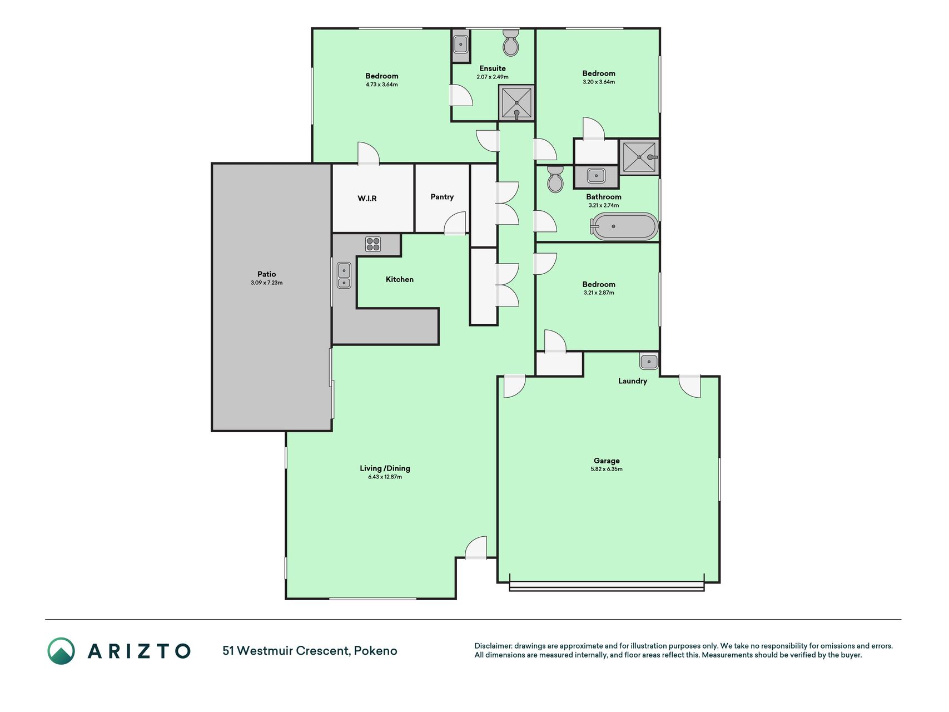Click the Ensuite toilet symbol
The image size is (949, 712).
[511, 43]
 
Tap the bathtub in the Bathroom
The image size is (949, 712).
[624, 226]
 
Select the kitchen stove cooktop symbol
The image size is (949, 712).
[373, 244]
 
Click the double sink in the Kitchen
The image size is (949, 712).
[344, 275]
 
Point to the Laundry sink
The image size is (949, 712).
[649, 362]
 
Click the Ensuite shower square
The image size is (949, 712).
[516, 103]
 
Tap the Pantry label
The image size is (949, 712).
[442, 197]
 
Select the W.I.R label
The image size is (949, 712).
[367, 199]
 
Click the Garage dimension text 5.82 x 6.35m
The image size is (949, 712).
[607, 469]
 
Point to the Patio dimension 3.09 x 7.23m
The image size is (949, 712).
[266, 283]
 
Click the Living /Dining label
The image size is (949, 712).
[385, 468]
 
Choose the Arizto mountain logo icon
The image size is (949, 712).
[61, 651]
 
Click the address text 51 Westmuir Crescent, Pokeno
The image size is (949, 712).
[310, 651]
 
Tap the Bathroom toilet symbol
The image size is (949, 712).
[555, 179]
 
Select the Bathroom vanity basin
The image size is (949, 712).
[596, 176]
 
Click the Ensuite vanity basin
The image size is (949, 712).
[461, 44]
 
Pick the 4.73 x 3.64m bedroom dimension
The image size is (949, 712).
[381, 85]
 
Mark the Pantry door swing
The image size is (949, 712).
[455, 223]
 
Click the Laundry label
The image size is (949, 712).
[633, 381]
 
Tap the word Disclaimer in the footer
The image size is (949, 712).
[493, 646]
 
